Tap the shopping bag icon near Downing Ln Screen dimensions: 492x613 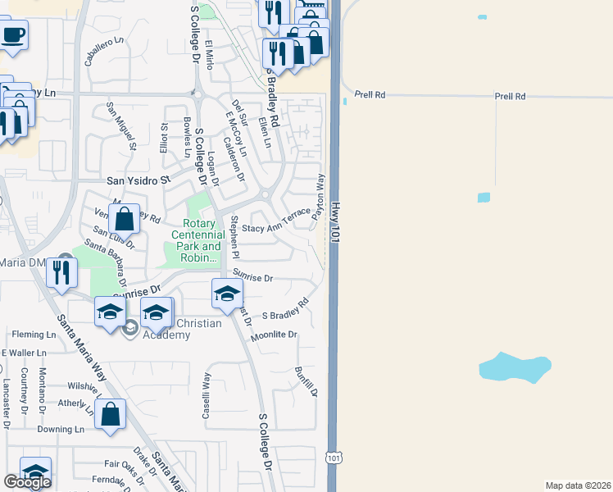point(110,414)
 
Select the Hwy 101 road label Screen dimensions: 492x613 point(335,216)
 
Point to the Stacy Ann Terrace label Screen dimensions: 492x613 point(276,217)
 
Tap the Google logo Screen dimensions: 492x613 point(27,482)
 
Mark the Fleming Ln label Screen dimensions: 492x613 point(33,335)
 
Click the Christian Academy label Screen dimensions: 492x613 point(182,329)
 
